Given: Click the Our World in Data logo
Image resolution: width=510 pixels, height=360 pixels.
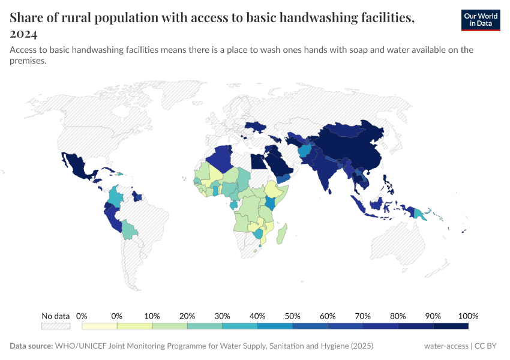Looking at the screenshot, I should pos(480,19).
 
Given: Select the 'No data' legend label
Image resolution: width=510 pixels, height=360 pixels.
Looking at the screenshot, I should pos(55,316).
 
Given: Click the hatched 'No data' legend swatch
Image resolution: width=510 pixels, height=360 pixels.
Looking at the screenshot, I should pos(55,326).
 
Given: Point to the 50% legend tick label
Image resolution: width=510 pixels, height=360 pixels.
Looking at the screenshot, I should pos(292,316).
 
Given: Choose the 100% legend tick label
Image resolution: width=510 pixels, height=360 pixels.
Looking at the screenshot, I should pos(467,316).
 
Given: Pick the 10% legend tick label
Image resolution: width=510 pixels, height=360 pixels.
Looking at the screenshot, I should pos(152,316).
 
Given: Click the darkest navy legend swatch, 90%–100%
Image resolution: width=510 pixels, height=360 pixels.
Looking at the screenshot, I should pos(451,326).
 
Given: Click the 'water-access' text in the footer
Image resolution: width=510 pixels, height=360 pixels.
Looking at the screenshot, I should pos(446,346).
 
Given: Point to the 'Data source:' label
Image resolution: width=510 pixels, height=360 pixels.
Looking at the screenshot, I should pos(31,346).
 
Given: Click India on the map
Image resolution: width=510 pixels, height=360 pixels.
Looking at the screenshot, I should pos(324,171).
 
